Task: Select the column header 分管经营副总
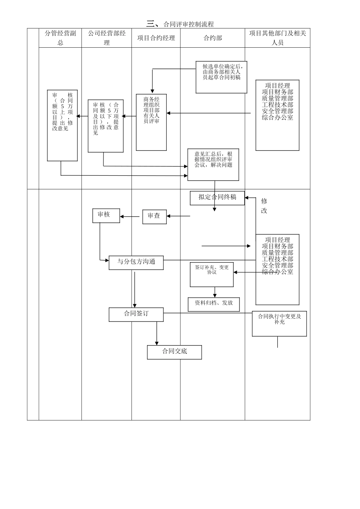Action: coord(60,38)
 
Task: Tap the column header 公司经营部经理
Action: coord(106,38)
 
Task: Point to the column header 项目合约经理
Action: coord(156,38)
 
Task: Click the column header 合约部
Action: coord(213,38)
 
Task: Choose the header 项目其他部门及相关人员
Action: coord(277,38)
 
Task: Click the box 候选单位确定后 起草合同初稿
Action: coord(221,77)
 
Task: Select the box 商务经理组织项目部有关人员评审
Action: coord(151,122)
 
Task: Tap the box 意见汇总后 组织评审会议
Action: coord(213,164)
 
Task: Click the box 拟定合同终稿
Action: coord(217,198)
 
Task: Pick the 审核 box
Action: coord(106,215)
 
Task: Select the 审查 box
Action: coord(154,217)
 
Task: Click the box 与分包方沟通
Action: coord(136,262)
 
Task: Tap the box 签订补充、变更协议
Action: coord(212,274)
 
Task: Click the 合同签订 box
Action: coord(136,314)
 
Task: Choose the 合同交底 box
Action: coord(174,352)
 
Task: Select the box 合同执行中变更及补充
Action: coord(279,323)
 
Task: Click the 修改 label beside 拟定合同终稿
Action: coord(264,206)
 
